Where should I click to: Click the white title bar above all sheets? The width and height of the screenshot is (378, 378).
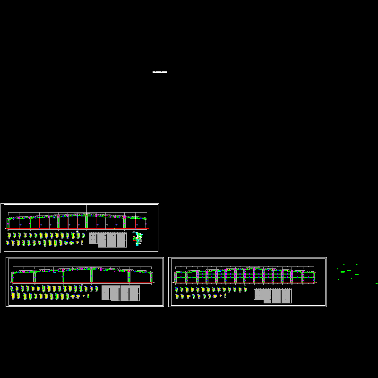tap(160, 72)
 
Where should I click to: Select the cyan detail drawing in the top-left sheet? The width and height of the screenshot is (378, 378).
tap(138, 239)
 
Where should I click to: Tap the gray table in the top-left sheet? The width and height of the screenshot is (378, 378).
tap(108, 240)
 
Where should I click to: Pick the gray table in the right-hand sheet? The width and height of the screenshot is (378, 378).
tap(273, 295)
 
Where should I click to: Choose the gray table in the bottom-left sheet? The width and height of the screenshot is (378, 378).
tap(120, 293)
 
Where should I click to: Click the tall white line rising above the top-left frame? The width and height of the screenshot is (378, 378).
tap(86, 209)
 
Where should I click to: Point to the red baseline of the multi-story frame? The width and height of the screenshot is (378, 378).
tap(244, 283)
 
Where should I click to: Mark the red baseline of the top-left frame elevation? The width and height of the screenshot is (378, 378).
tap(77, 230)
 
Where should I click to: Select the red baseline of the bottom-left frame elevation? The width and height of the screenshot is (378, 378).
tap(83, 283)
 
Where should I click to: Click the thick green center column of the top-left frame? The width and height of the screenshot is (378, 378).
tap(86, 222)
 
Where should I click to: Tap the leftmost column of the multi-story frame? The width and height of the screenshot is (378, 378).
tap(175, 277)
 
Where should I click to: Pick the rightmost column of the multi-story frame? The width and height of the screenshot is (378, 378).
tap(314, 277)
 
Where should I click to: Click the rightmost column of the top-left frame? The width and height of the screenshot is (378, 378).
tap(146, 223)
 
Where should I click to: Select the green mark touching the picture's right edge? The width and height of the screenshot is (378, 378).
tap(377, 283)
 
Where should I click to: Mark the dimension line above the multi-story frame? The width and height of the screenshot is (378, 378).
tap(244, 267)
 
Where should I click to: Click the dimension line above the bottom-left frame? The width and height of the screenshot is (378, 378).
tap(83, 267)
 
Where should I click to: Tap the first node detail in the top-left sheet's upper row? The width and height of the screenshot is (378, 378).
tap(9, 235)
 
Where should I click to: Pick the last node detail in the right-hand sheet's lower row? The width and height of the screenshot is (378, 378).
tap(225, 296)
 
